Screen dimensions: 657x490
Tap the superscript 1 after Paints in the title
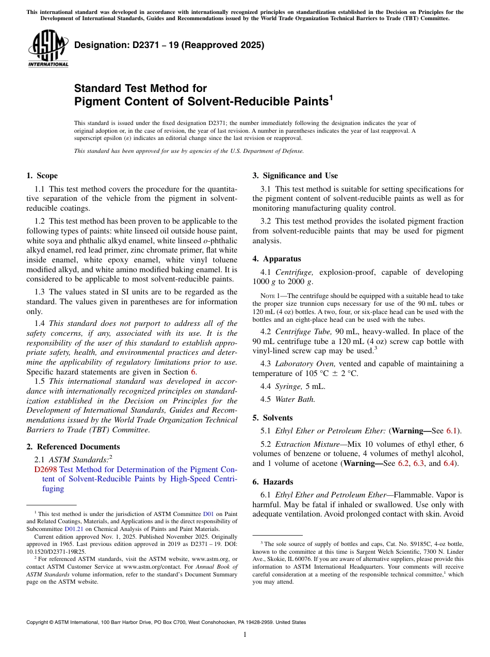[x=331, y=98]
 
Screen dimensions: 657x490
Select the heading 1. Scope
[x=42, y=176]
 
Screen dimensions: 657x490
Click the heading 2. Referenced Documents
[x=73, y=447]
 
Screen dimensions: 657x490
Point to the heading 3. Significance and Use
[x=295, y=176]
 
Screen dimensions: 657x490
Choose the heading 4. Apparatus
[x=276, y=259]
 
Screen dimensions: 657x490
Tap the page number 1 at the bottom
[x=245, y=635]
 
